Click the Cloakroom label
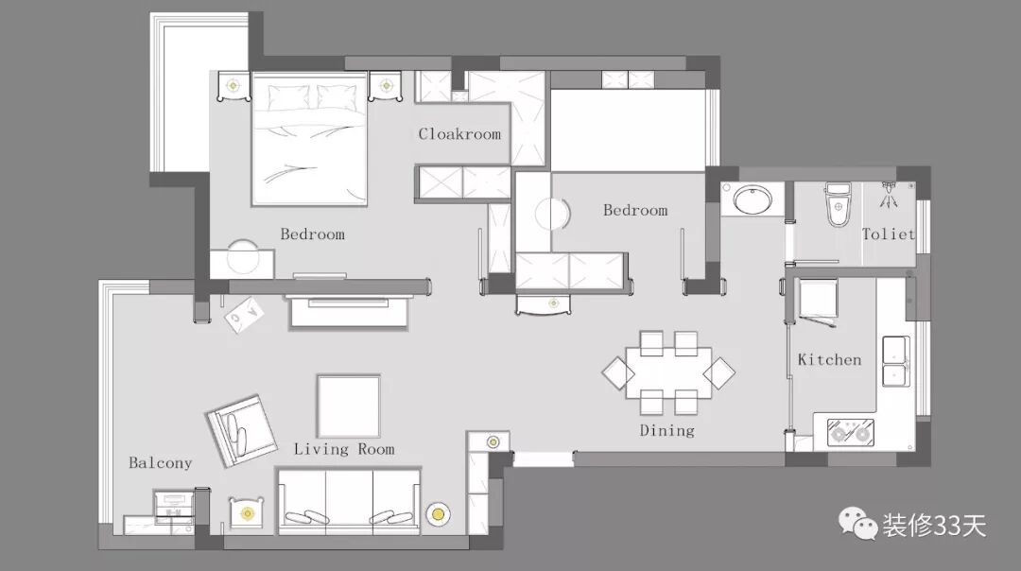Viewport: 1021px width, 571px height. coord(459,134)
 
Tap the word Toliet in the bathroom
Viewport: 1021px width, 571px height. coord(889,234)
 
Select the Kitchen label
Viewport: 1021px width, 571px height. coord(830,359)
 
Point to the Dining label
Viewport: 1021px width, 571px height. coord(666,430)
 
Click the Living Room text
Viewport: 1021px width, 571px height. coord(344,449)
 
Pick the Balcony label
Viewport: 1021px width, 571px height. coord(160,463)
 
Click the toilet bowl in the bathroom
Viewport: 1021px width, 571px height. coord(838,205)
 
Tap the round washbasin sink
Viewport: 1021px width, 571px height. coord(753,199)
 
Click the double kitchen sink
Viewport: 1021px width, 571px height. coord(896,361)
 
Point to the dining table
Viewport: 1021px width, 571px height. coord(668,372)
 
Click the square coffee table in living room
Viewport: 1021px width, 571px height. coord(348,407)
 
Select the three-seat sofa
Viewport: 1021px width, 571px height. coord(349,501)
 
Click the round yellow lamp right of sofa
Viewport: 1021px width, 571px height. coord(439,515)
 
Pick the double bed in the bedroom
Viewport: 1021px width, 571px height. coord(309,139)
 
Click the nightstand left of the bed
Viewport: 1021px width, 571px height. coord(234,86)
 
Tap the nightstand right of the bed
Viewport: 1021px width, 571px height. coord(386,86)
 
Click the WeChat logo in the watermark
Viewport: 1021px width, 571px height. coord(857,524)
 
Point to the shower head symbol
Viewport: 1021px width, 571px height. coord(889,195)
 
